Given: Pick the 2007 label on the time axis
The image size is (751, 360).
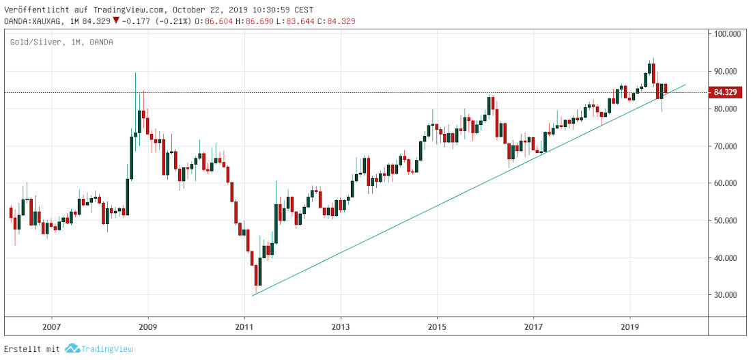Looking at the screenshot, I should point(52,327).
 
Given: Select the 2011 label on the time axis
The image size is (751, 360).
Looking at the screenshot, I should point(244,327).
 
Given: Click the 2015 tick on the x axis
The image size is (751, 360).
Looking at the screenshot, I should point(437,327).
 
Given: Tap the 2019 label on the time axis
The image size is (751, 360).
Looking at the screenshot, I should point(629,327).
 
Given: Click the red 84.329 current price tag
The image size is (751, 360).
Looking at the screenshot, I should point(725,92).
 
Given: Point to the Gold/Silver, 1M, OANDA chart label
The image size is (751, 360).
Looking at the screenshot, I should point(61,42).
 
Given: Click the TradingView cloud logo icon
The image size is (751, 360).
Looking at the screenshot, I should point(72,349).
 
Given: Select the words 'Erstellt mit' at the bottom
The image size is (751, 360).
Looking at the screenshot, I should point(32,349).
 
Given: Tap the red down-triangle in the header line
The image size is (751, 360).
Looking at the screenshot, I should point(116,21).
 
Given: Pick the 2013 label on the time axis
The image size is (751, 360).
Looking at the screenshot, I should point(341,327).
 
